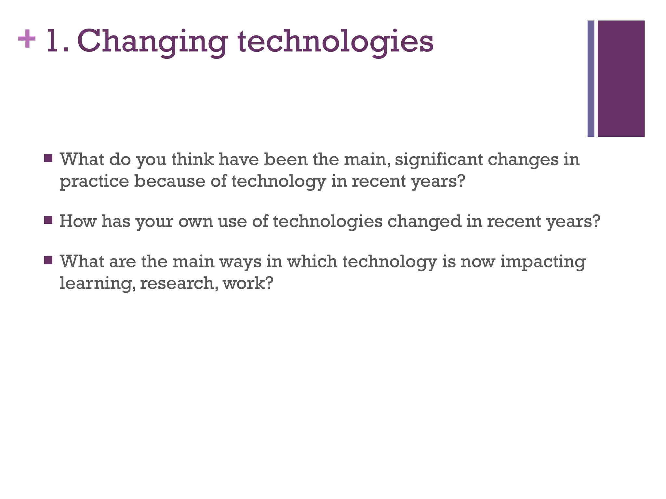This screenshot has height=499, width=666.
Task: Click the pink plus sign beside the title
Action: tap(27, 39)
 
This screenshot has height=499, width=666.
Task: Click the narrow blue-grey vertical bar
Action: tap(591, 79)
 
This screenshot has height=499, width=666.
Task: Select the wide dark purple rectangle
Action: tap(621, 79)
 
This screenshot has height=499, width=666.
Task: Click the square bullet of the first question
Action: tap(48, 158)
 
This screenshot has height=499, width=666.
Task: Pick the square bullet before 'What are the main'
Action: tap(48, 260)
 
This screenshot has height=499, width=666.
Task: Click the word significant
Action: tap(439, 160)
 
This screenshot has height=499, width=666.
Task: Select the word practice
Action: tap(94, 181)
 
